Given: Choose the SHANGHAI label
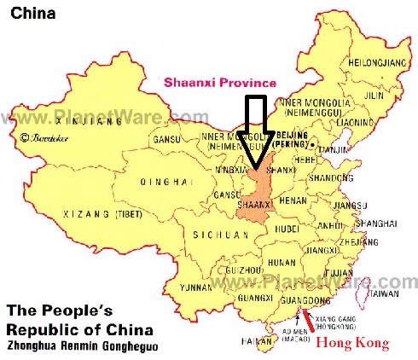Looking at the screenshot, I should coord(377,223).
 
